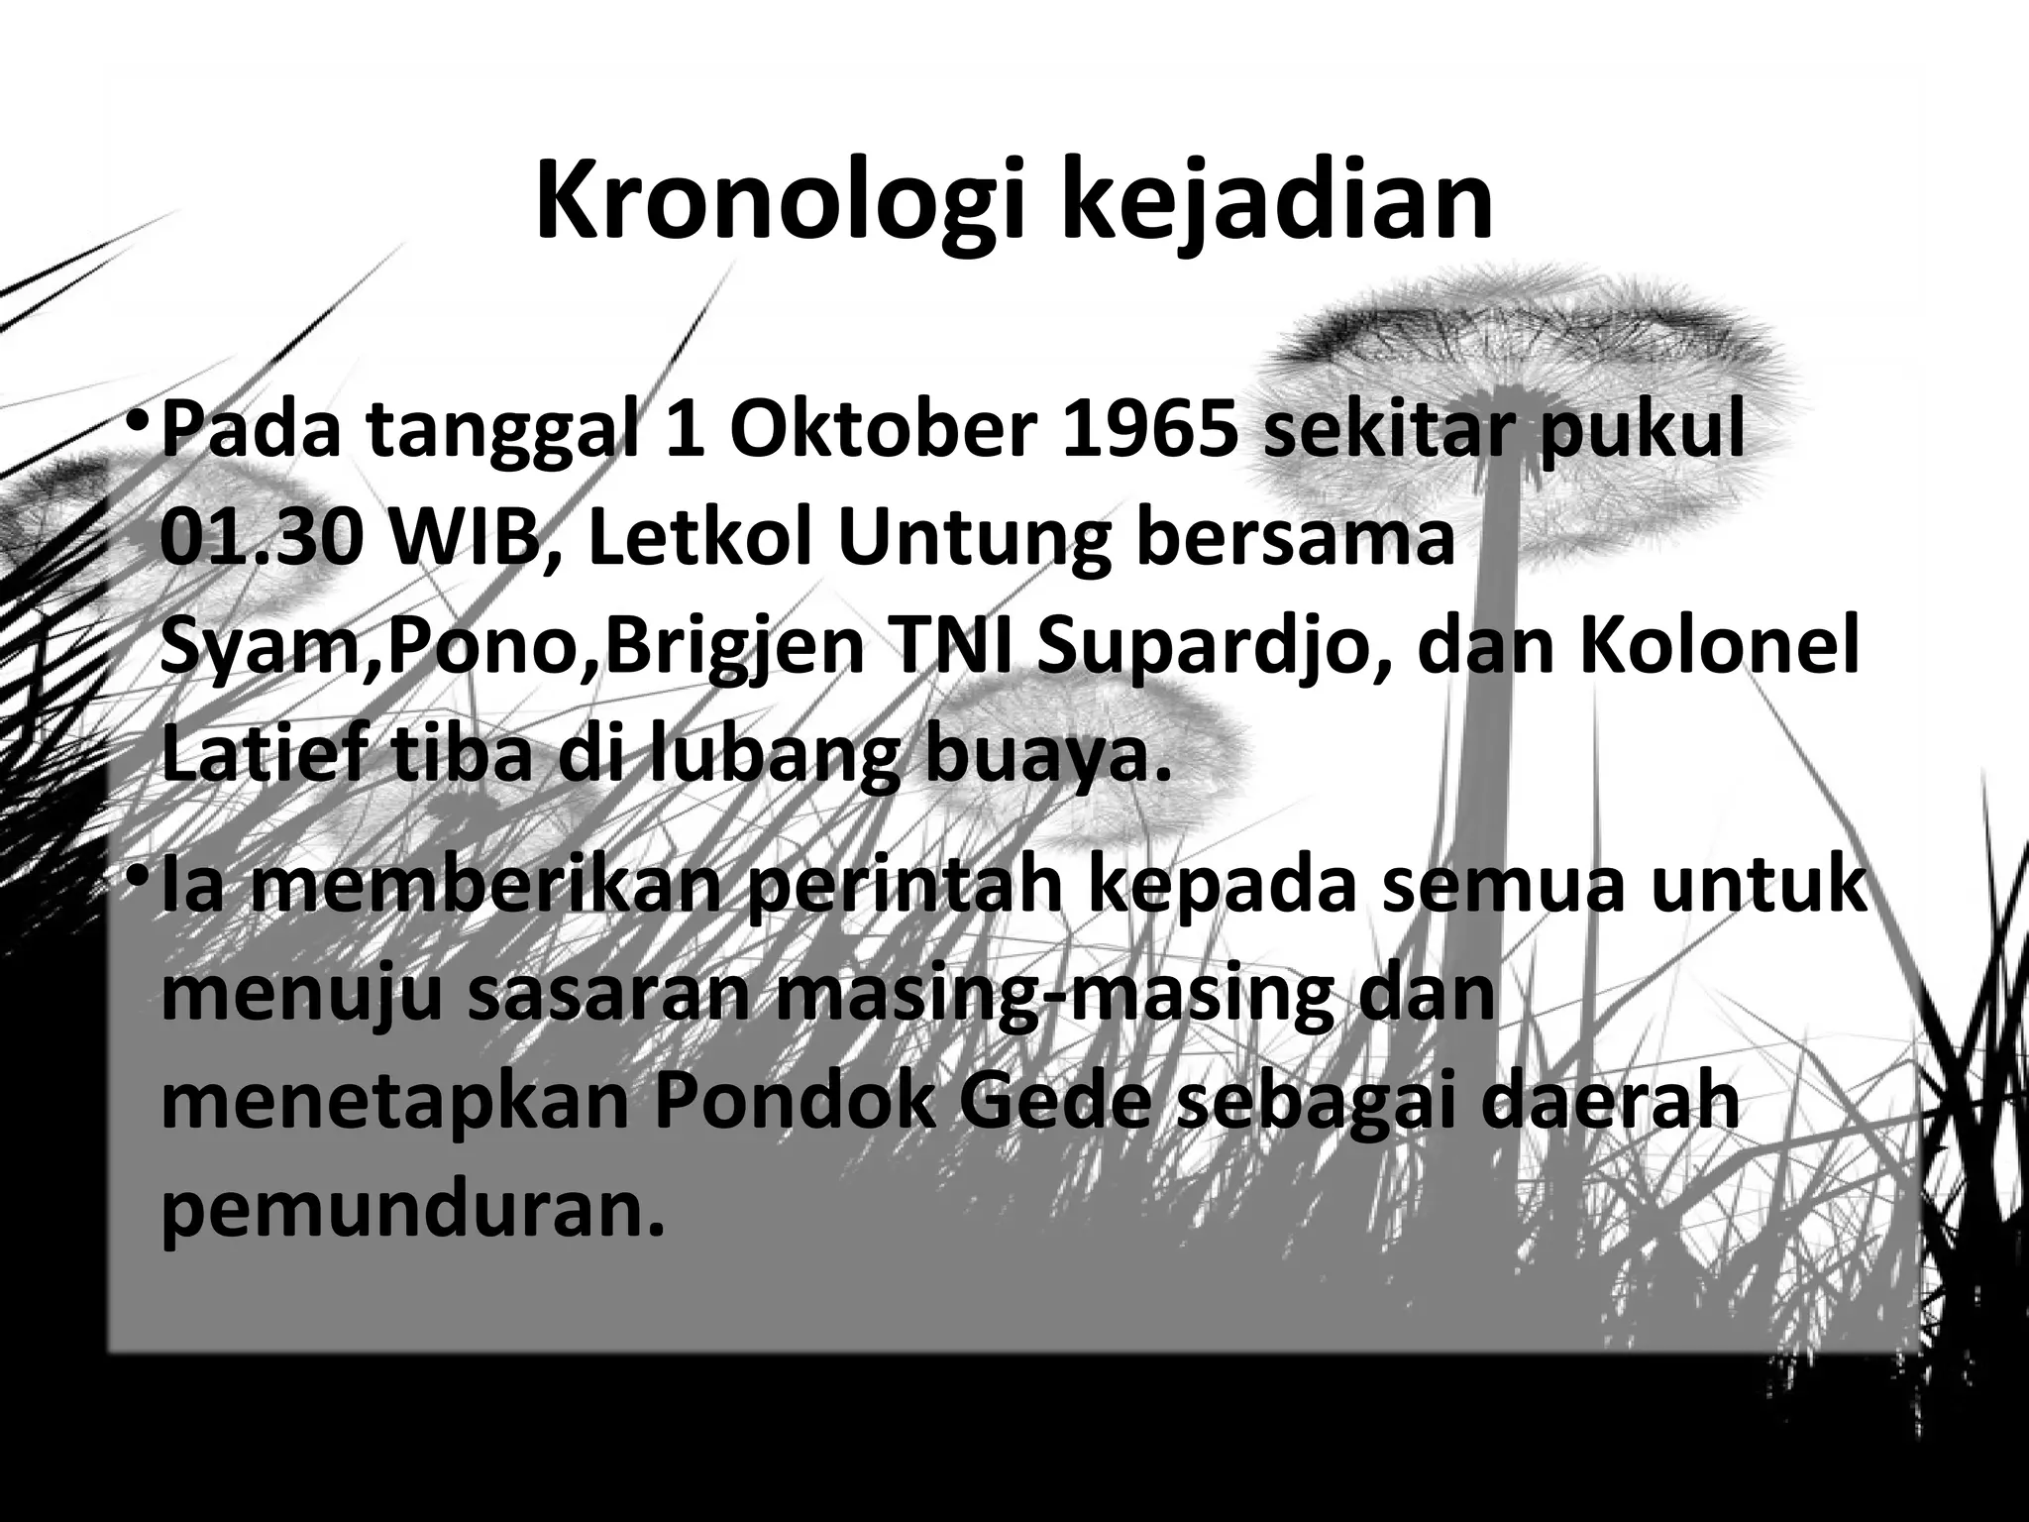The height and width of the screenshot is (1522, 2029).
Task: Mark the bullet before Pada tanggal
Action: point(139,426)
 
